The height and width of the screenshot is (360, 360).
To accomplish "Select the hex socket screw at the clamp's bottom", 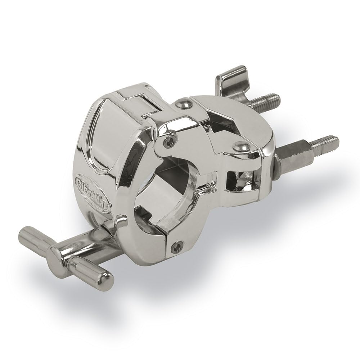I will point(176,246).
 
